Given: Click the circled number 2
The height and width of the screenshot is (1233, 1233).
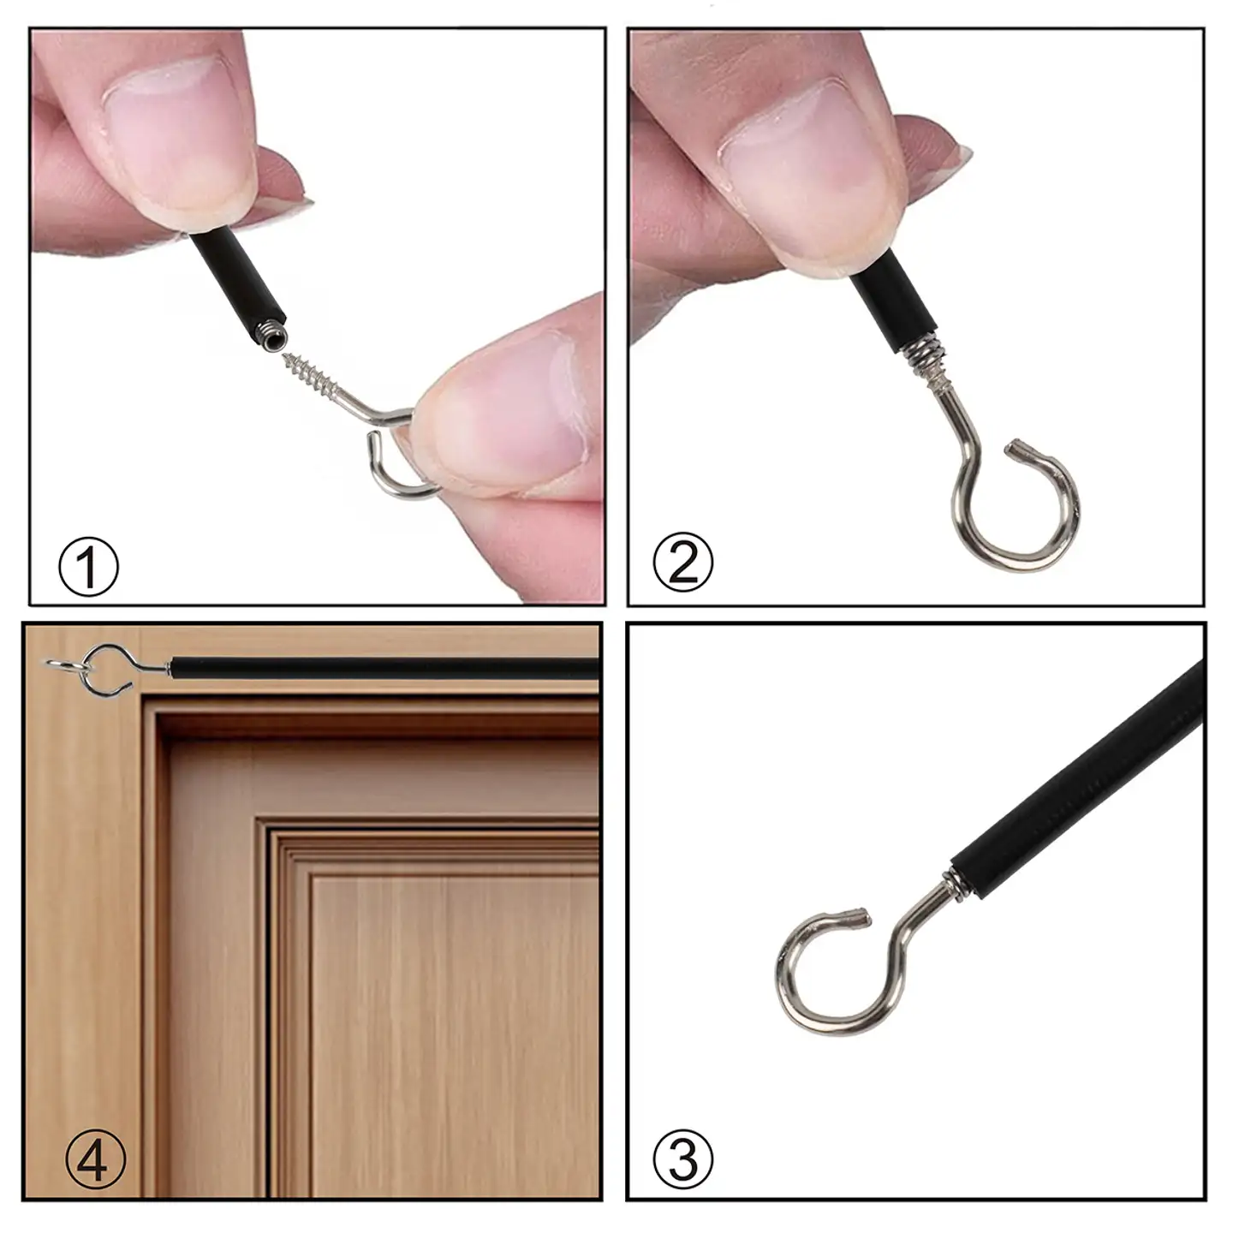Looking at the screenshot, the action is coord(682,562).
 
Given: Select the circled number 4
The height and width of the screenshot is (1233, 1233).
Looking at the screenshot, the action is coord(96,1159).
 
